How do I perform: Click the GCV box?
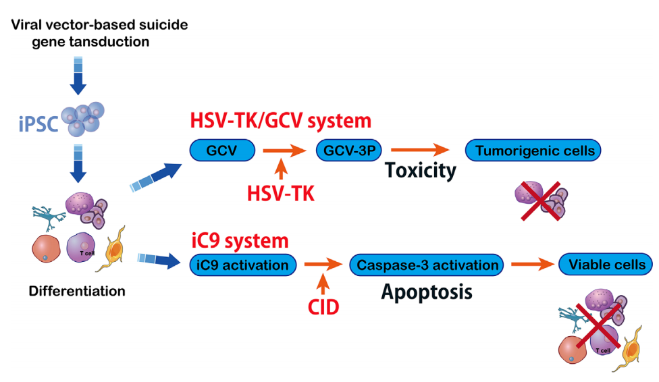(222, 151)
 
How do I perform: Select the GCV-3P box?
(345, 151)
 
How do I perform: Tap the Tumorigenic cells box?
(534, 151)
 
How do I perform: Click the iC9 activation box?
(244, 265)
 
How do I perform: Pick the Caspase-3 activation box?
(426, 265)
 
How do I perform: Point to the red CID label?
(323, 308)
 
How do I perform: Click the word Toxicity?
(421, 171)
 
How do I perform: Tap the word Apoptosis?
(426, 292)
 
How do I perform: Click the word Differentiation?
(76, 292)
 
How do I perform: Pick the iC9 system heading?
(240, 240)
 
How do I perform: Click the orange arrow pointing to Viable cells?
(532, 265)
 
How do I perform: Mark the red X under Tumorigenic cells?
(540, 201)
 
